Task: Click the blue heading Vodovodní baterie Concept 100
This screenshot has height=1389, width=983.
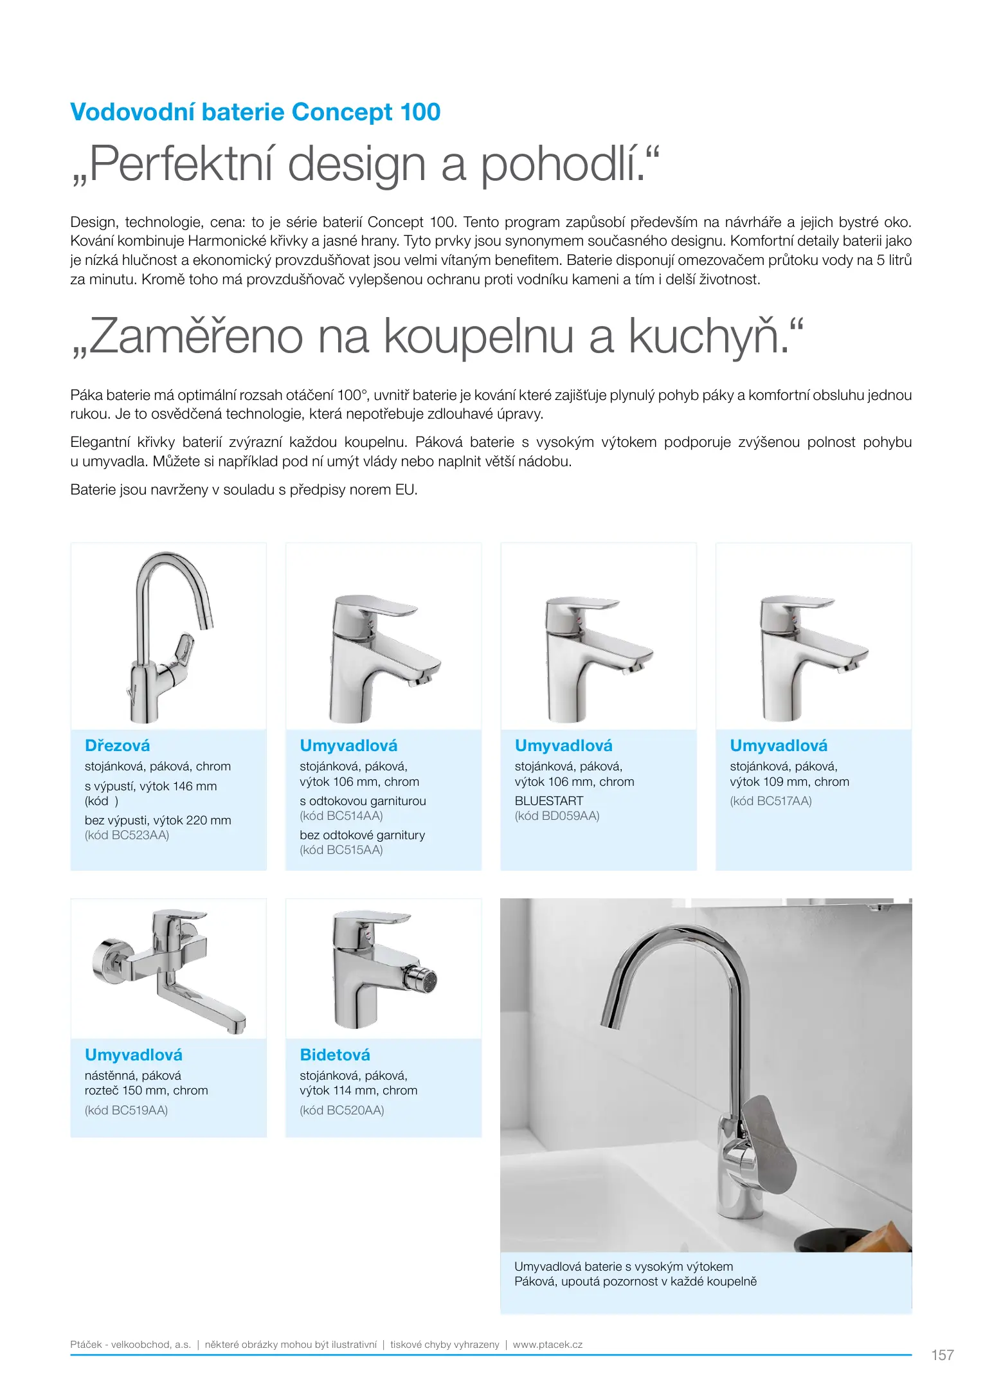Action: (x=255, y=112)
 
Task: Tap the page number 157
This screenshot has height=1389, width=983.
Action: (x=942, y=1355)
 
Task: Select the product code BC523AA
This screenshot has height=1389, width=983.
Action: (x=127, y=835)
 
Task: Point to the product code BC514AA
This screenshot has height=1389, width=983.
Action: (x=341, y=816)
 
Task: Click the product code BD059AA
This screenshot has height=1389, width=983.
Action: (x=557, y=816)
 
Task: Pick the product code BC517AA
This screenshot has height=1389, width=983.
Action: (x=771, y=801)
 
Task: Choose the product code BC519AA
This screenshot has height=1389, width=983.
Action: (x=126, y=1111)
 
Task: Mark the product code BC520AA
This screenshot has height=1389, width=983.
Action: (x=341, y=1111)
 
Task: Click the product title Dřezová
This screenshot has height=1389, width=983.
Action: (x=117, y=746)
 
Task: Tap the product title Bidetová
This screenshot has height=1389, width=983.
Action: (x=335, y=1055)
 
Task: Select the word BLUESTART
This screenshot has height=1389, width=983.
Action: (x=548, y=801)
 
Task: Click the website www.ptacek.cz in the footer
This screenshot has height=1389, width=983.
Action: (x=547, y=1345)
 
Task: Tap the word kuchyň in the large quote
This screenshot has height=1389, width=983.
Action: (x=705, y=336)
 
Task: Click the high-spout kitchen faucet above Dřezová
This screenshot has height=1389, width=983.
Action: (x=168, y=636)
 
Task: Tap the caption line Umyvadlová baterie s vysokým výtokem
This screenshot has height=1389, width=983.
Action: (x=623, y=1267)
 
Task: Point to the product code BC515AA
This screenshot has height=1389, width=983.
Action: (x=341, y=850)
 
